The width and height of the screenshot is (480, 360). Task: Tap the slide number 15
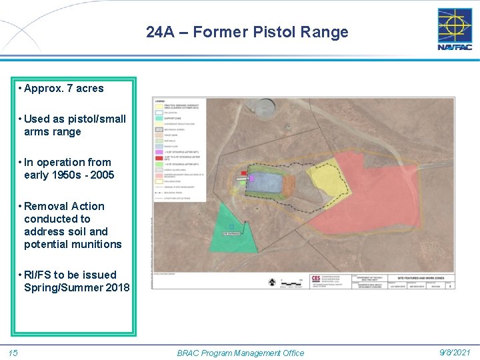point(13,353)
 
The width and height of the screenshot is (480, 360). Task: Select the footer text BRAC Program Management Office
point(240,353)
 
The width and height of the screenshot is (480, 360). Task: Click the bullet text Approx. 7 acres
point(62,88)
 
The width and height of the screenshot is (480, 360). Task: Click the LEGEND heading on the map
point(159,101)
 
